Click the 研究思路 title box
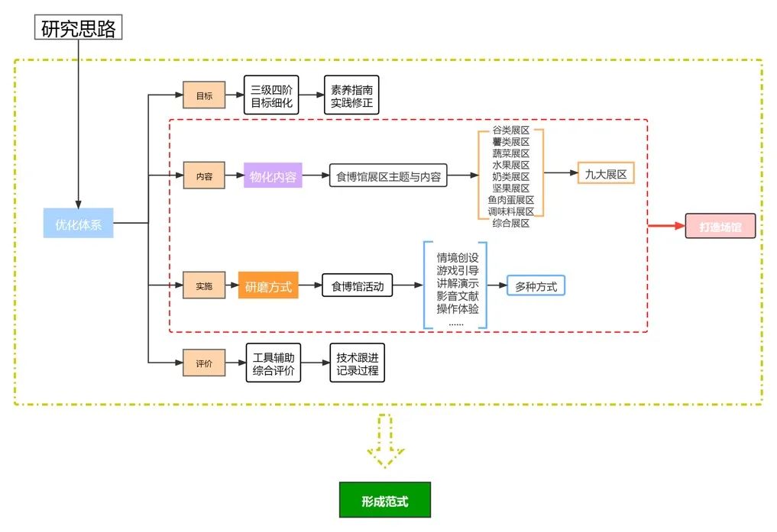click(79, 27)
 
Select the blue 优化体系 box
click(78, 223)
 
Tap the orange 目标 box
click(204, 95)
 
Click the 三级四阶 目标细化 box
click(271, 95)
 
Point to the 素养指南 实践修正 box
click(351, 95)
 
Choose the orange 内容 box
click(204, 176)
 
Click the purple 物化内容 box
click(273, 176)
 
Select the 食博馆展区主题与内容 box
click(388, 176)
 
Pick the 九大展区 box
click(606, 174)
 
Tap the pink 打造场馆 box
click(720, 226)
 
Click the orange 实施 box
click(204, 285)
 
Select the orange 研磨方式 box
click(268, 286)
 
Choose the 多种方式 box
click(536, 286)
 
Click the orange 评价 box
click(204, 363)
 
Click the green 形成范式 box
click(384, 501)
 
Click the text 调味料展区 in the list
click(511, 211)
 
